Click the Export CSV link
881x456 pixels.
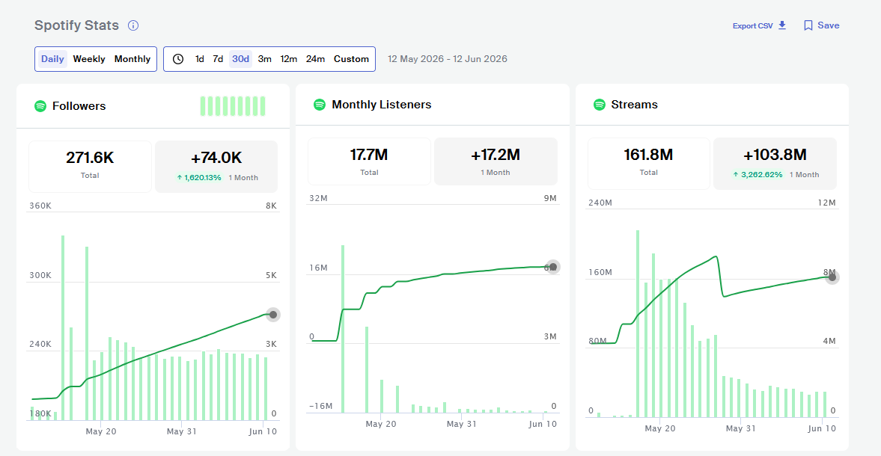pos(759,26)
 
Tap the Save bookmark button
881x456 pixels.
pos(821,25)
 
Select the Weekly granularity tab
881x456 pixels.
pos(89,59)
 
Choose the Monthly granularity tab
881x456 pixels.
pos(132,59)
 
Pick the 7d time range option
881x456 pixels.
pos(218,59)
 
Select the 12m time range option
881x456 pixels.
pos(289,59)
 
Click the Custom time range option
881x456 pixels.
pos(351,59)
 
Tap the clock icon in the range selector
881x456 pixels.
pos(178,59)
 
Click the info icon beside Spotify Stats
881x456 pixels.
pos(133,25)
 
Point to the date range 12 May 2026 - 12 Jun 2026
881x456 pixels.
pos(448,59)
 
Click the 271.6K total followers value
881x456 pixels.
pos(90,158)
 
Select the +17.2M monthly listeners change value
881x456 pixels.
pos(496,155)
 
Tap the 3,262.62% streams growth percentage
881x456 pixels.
pos(761,174)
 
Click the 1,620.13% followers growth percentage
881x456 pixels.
pos(202,177)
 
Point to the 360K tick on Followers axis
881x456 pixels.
pos(40,206)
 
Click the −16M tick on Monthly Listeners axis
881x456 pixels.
pos(321,406)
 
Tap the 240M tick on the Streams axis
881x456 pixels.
pos(600,203)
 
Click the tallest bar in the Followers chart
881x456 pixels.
pos(63,327)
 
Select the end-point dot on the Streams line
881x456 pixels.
pos(832,277)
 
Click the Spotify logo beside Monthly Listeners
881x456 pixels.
pos(319,105)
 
